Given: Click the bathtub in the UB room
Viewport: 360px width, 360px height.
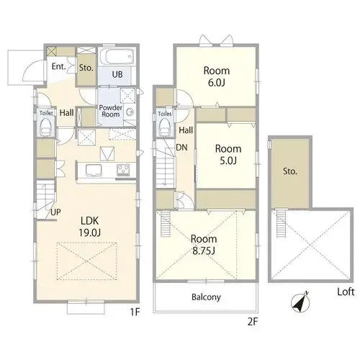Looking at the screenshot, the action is (x=117, y=56).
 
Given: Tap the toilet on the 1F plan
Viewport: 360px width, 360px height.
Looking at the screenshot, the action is (x=46, y=127).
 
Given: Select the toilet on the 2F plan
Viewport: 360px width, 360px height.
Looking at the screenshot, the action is (x=165, y=127).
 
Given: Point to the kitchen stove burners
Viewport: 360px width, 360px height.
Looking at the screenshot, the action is (x=123, y=170).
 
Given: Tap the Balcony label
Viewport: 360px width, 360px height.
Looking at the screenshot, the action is (x=206, y=297).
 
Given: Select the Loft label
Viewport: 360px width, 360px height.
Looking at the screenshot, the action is (x=346, y=292).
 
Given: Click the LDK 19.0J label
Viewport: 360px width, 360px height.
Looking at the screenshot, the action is (x=90, y=226).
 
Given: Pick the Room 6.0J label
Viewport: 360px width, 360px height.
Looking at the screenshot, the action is (x=217, y=76).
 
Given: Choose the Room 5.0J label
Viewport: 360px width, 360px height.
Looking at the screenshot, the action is (x=228, y=155).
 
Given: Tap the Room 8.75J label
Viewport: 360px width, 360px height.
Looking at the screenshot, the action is (x=204, y=245).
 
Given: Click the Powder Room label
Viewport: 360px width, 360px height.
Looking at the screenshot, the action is (x=111, y=111).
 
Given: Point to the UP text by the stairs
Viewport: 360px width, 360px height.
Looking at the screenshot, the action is (x=55, y=212).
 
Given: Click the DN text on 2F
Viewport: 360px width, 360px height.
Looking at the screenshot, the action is (x=181, y=148).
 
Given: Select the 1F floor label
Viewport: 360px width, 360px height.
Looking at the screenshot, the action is (x=135, y=312).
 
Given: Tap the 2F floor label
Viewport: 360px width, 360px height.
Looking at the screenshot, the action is (x=253, y=322).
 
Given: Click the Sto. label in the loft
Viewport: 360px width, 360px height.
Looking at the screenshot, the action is (x=290, y=171).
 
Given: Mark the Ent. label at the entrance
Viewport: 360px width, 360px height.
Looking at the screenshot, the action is (x=59, y=66).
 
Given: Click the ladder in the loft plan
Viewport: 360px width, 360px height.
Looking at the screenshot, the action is (x=282, y=223).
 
